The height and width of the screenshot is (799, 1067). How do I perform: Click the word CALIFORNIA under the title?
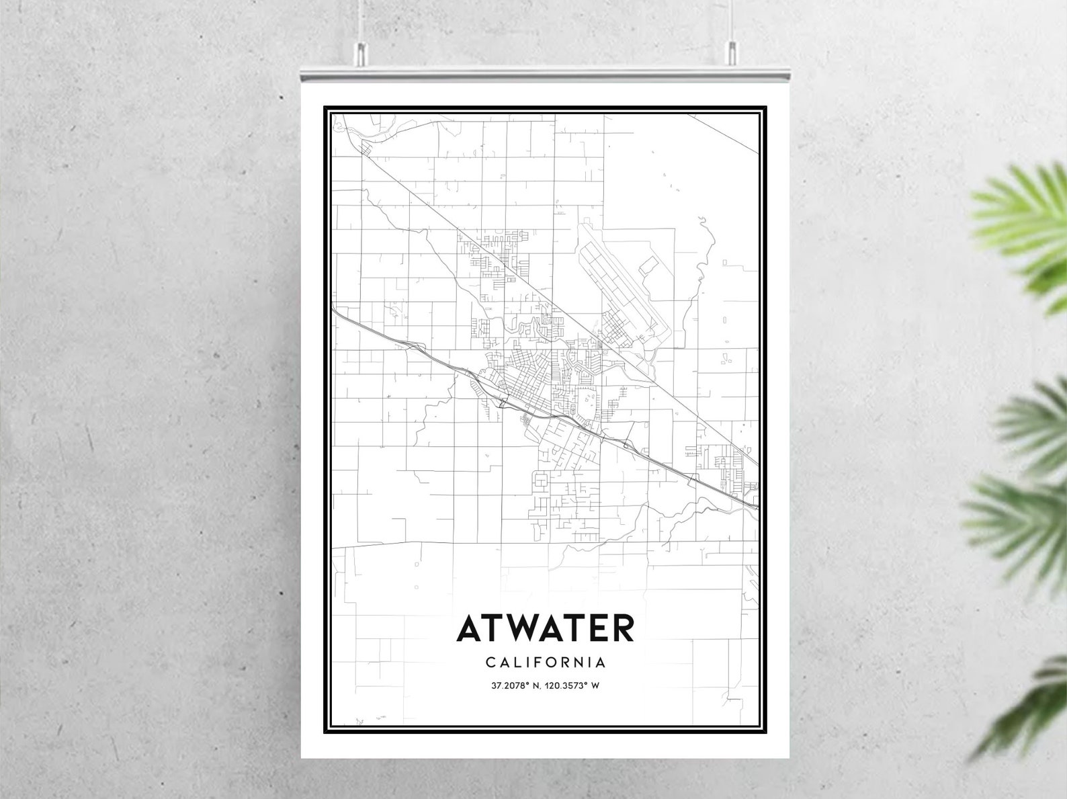(545, 663)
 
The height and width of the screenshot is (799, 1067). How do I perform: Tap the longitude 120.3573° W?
(575, 686)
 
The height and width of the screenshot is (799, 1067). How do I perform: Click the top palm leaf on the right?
(1021, 222)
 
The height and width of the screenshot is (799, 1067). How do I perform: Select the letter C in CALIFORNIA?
(489, 663)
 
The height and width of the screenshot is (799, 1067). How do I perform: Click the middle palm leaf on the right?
(1028, 423)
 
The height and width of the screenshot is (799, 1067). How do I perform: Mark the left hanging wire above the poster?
(360, 20)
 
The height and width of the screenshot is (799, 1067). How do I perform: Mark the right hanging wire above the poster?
(732, 20)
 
